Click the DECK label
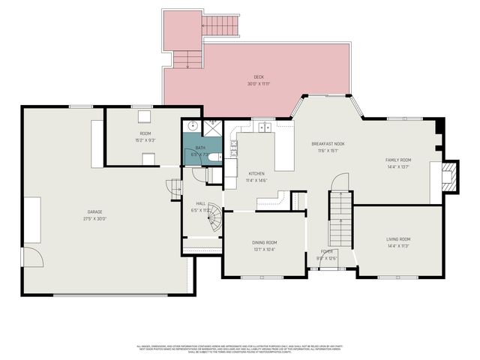coord(258,76)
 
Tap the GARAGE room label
coord(94,212)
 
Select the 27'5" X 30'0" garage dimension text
coord(94,219)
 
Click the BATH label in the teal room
coord(200,148)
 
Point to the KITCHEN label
coord(257,174)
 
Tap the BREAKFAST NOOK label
coord(328,143)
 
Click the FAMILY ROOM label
coord(398,160)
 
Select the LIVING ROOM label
coord(398,239)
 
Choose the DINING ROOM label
coord(264,242)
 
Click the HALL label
coord(201,203)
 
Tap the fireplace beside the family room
coord(448,177)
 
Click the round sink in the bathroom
coord(192,127)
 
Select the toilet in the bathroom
coord(214,157)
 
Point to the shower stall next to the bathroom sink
coord(213,126)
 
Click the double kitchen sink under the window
coord(264,127)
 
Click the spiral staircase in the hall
coord(214,217)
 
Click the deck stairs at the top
coord(220,25)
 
